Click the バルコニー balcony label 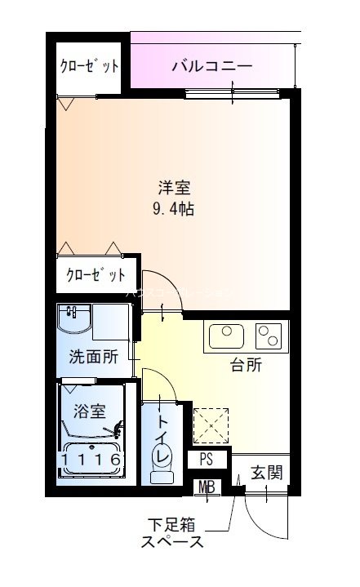coord(211,66)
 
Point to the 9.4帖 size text coord(173,207)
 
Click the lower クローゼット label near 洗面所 coord(96,274)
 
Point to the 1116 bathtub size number coord(91,460)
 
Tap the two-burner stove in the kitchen coord(269,336)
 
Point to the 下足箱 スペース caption coord(171,531)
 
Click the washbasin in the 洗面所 coord(74,321)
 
